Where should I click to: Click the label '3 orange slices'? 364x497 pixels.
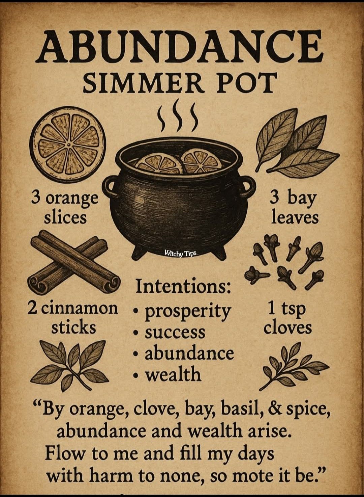65,208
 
